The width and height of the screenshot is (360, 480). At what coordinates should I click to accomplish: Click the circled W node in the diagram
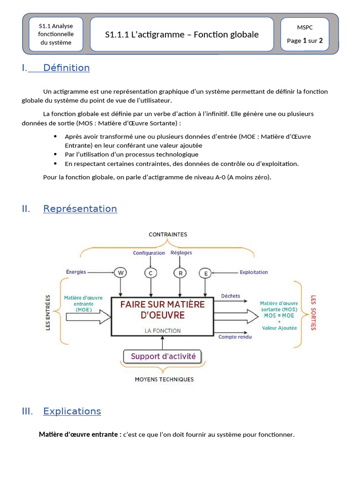[x=121, y=272]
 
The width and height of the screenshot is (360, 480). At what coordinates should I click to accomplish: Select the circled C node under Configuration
[x=150, y=272]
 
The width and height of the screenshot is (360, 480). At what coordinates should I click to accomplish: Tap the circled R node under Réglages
[x=180, y=272]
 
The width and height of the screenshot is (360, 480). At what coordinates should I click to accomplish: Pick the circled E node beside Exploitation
[x=205, y=272]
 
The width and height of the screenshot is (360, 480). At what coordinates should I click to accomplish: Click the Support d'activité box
[x=163, y=356]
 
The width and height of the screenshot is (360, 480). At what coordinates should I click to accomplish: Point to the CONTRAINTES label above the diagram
[x=167, y=234]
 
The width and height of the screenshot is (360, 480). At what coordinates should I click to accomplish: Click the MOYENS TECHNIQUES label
[x=164, y=379]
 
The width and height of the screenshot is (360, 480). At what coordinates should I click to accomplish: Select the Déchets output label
[x=230, y=296]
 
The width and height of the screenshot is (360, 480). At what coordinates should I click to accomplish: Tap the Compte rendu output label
[x=235, y=337]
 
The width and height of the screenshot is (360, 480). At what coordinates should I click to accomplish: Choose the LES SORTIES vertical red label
[x=314, y=312]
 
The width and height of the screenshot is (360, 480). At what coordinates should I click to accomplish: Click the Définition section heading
[x=66, y=68]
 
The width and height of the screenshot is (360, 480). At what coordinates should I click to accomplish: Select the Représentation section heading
[x=80, y=209]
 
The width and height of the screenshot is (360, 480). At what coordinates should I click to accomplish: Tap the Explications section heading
[x=72, y=411]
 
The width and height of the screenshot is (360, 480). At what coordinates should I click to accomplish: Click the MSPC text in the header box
[x=305, y=28]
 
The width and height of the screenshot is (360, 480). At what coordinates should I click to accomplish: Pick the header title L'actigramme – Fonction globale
[x=181, y=35]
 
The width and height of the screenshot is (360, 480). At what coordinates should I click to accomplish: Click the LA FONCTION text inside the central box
[x=162, y=330]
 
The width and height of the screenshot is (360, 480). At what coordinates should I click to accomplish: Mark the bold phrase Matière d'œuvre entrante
[x=80, y=435]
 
